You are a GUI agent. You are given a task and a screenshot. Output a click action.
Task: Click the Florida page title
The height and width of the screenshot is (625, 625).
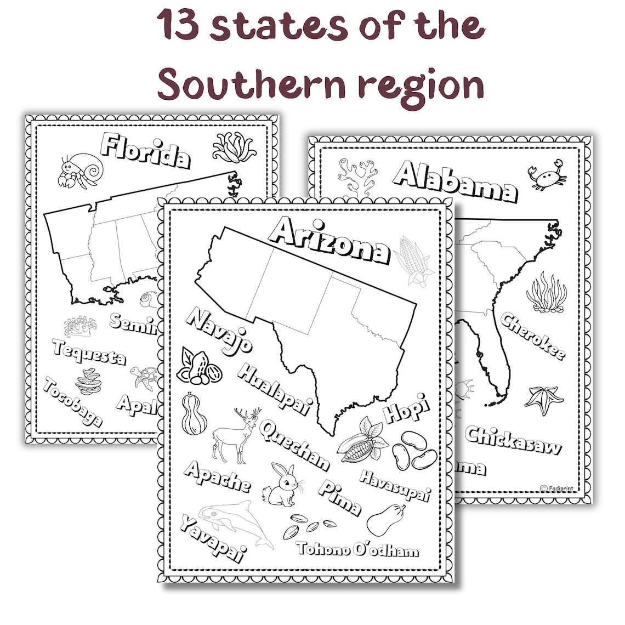pyautogui.click(x=146, y=151)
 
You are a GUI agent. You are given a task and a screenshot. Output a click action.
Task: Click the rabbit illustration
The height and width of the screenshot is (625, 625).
pyautogui.click(x=281, y=484)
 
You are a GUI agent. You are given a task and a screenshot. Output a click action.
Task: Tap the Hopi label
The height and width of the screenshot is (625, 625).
pyautogui.click(x=406, y=408)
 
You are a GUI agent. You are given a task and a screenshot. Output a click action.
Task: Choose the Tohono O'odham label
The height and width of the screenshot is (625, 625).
pyautogui.click(x=357, y=549)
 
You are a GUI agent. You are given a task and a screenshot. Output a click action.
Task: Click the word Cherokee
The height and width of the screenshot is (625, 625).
pyautogui.click(x=532, y=336)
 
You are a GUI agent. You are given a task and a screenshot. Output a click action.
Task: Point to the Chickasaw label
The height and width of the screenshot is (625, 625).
pyautogui.click(x=513, y=440)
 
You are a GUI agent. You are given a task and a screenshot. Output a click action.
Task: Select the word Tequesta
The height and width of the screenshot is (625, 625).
pyautogui.click(x=89, y=351)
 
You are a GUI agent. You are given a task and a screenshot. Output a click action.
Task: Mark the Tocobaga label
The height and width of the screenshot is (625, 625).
pyautogui.click(x=72, y=402)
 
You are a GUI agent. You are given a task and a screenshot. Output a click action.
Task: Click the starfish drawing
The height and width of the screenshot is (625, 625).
pyautogui.click(x=543, y=399)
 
